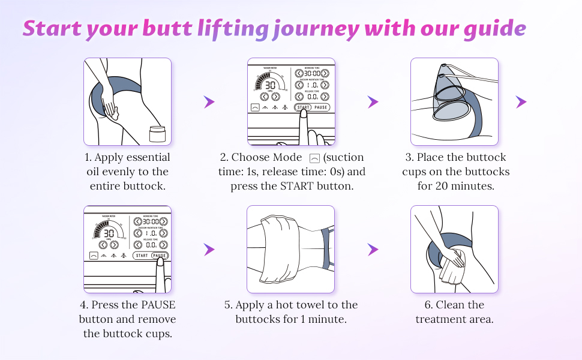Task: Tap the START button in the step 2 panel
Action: click(303, 107)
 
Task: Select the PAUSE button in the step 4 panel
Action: click(160, 256)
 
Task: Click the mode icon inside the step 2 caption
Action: click(314, 158)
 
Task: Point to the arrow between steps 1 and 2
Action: click(209, 102)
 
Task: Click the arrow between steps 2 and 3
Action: click(373, 102)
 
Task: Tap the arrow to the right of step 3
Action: click(521, 102)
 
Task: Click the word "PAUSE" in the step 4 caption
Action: click(158, 305)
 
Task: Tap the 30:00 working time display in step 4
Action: click(146, 221)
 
